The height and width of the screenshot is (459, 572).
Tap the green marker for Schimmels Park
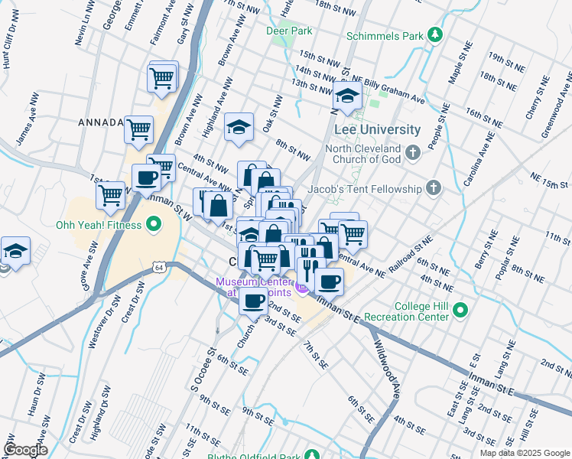[435, 34]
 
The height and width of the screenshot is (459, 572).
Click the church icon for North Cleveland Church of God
[413, 153]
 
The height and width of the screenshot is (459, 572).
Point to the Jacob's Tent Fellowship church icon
[434, 188]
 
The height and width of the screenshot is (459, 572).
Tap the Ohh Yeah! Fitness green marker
[154, 225]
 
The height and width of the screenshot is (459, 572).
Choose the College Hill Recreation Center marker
[460, 311]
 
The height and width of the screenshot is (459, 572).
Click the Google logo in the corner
[25, 449]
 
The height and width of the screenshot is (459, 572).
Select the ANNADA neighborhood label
[100, 122]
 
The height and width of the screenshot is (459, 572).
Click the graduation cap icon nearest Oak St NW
[239, 127]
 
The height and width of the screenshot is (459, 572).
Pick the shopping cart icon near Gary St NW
[162, 76]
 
